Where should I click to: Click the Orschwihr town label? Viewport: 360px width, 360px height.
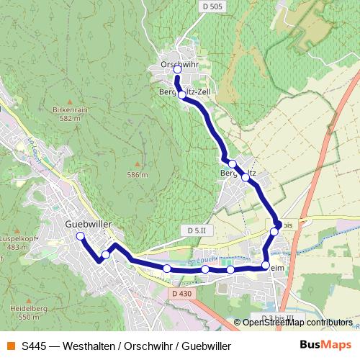pyautogui.click(x=179, y=64)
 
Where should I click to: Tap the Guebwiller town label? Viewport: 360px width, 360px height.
pyautogui.click(x=87, y=224)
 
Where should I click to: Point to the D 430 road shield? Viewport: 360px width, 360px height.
pyautogui.click(x=182, y=294)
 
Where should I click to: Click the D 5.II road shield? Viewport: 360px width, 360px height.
pyautogui.click(x=196, y=230)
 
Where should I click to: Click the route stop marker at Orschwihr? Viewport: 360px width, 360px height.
pyautogui.click(x=177, y=70)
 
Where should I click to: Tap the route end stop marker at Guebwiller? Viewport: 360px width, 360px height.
pyautogui.click(x=80, y=236)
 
